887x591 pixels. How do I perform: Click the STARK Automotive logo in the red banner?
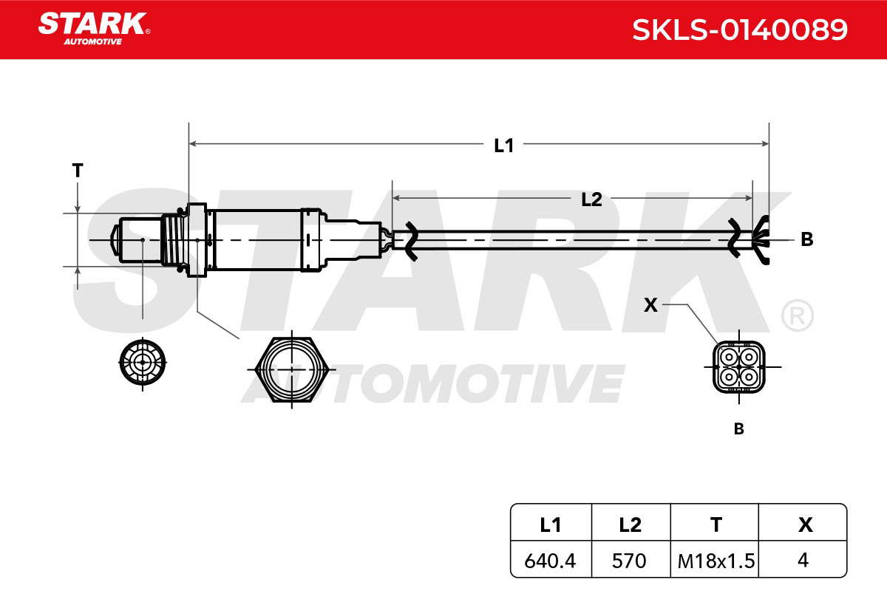click(94, 29)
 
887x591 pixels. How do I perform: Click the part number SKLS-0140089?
click(740, 30)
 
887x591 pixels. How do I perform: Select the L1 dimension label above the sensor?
click(503, 146)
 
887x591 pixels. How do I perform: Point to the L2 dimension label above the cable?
click(591, 199)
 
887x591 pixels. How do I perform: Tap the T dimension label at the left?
click(78, 170)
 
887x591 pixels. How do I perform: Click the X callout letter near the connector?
click(650, 305)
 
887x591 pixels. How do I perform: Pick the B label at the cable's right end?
click(807, 239)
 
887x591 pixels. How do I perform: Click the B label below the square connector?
click(739, 428)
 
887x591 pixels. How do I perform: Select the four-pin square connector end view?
click(739, 367)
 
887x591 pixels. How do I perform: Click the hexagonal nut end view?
click(292, 369)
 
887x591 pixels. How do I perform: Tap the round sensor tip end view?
click(143, 362)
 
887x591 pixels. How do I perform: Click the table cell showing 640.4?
click(550, 561)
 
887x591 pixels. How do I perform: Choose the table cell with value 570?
click(629, 561)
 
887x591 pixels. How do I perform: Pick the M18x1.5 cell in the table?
click(716, 561)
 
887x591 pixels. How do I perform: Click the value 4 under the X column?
click(803, 560)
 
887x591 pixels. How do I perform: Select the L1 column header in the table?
click(551, 525)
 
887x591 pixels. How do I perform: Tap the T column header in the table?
click(716, 525)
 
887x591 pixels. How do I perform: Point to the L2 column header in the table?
click(630, 525)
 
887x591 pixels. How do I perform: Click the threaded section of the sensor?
click(173, 240)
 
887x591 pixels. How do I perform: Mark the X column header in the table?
click(806, 525)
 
